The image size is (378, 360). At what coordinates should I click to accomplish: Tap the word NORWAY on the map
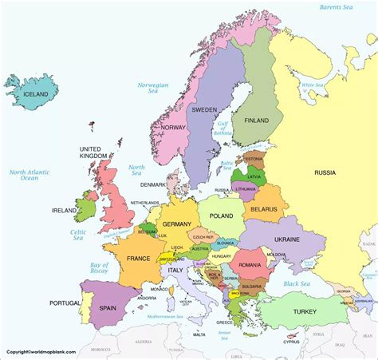point(173,128)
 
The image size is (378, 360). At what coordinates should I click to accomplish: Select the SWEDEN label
point(205,110)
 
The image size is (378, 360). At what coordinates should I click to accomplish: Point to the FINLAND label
point(257,121)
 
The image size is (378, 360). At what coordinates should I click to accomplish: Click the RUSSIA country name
point(325,172)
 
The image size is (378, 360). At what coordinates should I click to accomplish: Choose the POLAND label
point(222,216)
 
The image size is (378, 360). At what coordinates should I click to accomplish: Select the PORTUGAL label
point(65,303)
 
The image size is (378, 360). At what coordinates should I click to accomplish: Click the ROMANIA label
point(250,263)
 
